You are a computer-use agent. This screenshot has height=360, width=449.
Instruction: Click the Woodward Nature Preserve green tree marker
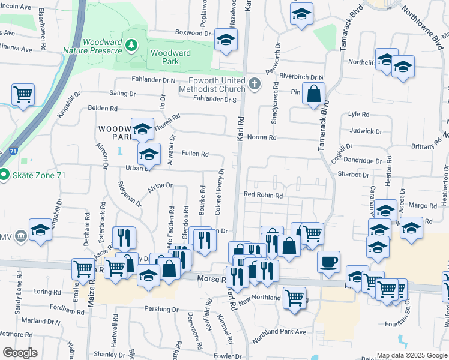133,46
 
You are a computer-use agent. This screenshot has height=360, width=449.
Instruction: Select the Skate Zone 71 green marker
4,175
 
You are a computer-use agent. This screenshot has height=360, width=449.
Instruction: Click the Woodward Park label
170,57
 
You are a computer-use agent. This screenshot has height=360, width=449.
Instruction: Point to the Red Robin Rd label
262,195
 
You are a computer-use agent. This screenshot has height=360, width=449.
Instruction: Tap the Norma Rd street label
264,137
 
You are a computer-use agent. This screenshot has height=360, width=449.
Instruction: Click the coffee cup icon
328,262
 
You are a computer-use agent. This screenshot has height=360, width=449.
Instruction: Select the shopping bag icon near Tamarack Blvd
313,94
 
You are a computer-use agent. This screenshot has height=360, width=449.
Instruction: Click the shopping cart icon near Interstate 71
23,94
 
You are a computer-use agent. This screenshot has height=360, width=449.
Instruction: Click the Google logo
20,352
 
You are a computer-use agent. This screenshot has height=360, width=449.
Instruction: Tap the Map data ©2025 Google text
412,355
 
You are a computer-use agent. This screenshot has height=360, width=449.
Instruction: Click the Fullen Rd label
195,154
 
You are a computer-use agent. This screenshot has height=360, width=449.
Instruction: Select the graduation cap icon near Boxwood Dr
226,39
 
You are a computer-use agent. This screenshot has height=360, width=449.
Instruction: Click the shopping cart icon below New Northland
294,297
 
